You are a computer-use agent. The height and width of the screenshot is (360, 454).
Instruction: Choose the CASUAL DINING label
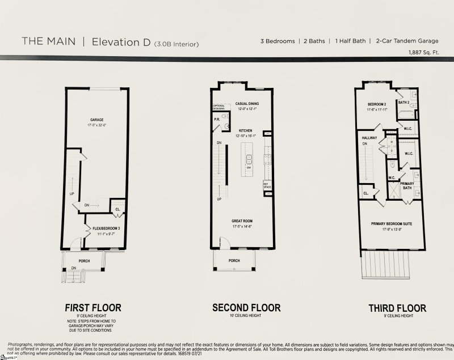[x=247, y=104]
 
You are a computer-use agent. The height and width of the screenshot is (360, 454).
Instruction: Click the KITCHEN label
[x=246, y=130]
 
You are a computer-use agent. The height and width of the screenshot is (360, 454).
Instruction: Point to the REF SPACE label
[x=266, y=184]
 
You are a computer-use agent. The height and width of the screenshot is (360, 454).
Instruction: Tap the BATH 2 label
[x=403, y=103]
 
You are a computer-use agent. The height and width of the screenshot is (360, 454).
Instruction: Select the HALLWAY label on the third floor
[x=369, y=138]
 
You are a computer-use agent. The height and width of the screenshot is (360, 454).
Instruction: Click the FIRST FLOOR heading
[x=93, y=308]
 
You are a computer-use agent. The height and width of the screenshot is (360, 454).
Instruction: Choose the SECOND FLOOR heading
[x=246, y=308]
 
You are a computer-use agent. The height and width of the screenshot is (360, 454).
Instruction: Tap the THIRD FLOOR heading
[x=397, y=308]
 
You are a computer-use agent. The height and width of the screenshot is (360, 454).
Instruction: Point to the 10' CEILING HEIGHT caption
[x=246, y=316]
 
